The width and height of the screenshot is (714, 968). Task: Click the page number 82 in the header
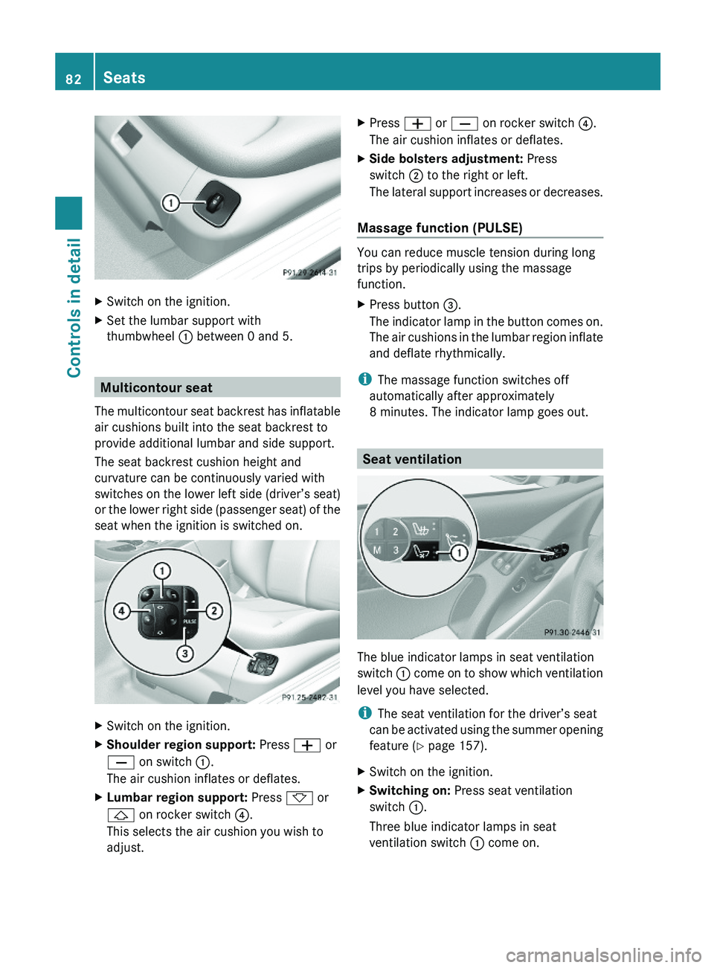point(74,79)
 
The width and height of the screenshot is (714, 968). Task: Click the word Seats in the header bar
point(124,78)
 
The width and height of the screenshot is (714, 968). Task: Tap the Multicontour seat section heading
point(156,387)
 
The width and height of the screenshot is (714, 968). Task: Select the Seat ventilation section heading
point(412,459)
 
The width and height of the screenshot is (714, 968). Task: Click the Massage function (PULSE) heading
point(440,228)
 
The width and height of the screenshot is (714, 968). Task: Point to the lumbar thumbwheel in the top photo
point(216,201)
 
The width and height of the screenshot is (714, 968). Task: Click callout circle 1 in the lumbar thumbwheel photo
point(171,203)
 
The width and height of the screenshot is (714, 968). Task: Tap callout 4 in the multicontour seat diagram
point(120,611)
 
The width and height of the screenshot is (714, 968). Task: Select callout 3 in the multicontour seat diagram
point(184,654)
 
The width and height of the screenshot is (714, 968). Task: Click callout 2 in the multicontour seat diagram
point(214,611)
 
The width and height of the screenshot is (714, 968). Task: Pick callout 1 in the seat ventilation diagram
point(459,552)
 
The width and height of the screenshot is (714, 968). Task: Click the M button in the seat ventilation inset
point(377,550)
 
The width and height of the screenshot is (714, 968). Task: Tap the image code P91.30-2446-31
point(571,632)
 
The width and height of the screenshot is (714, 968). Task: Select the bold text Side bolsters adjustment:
point(446,158)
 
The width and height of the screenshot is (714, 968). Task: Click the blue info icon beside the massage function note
point(364,379)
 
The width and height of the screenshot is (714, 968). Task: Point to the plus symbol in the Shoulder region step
point(307,745)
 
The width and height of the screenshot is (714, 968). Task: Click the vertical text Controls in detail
point(74,307)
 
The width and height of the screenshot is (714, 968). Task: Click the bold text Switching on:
point(410,790)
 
